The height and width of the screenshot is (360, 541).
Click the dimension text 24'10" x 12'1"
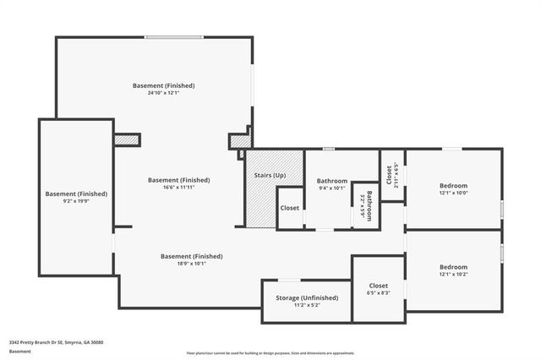coord(164,93)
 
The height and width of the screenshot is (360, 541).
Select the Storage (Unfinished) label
coord(307,297)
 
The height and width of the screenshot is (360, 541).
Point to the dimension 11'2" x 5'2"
coord(307,305)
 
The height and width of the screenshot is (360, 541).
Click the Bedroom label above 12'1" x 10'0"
coord(453,185)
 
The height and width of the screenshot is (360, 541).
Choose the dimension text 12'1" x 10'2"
coord(453,273)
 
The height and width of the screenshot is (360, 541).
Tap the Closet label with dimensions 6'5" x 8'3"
coord(379,285)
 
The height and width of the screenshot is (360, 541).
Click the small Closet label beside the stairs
coord(290,208)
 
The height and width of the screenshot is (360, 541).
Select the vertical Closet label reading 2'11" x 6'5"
coord(390,175)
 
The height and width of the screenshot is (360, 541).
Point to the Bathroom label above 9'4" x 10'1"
coord(332,181)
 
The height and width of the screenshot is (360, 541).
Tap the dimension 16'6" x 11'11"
coord(178,187)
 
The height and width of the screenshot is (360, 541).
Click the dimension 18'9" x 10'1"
coord(191,263)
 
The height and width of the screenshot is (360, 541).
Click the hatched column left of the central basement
coord(126,139)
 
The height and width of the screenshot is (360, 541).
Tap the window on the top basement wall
coord(172,37)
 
